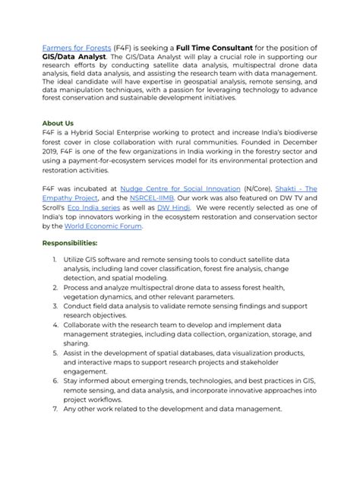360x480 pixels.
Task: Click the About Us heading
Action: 58,123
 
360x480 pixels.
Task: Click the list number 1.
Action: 55,260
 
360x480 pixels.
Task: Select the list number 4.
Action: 55,324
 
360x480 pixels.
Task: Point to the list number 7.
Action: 55,408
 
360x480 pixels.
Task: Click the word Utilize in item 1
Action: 76,260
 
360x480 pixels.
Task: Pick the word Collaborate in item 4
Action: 88,324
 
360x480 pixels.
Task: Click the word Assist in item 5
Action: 74,355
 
